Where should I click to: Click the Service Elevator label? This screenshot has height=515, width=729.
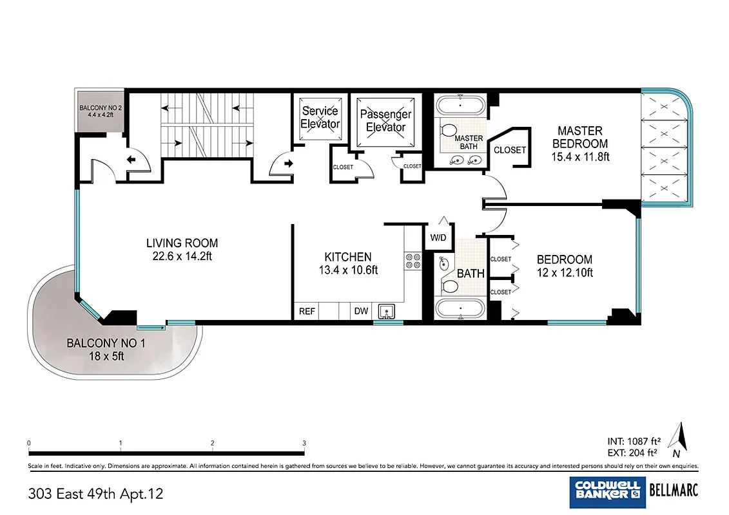tap(320, 117)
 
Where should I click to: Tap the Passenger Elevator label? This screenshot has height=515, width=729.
tap(385, 120)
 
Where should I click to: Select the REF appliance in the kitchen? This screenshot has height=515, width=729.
tap(307, 312)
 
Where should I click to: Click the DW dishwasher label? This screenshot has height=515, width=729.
tap(361, 312)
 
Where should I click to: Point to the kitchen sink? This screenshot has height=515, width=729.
tap(387, 312)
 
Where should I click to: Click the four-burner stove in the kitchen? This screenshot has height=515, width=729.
tap(413, 261)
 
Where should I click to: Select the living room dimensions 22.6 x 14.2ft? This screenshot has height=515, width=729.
tap(182, 256)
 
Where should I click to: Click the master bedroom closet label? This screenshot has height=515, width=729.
tap(510, 150)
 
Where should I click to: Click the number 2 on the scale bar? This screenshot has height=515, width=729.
tap(212, 443)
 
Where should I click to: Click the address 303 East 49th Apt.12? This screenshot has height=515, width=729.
tap(96, 494)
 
